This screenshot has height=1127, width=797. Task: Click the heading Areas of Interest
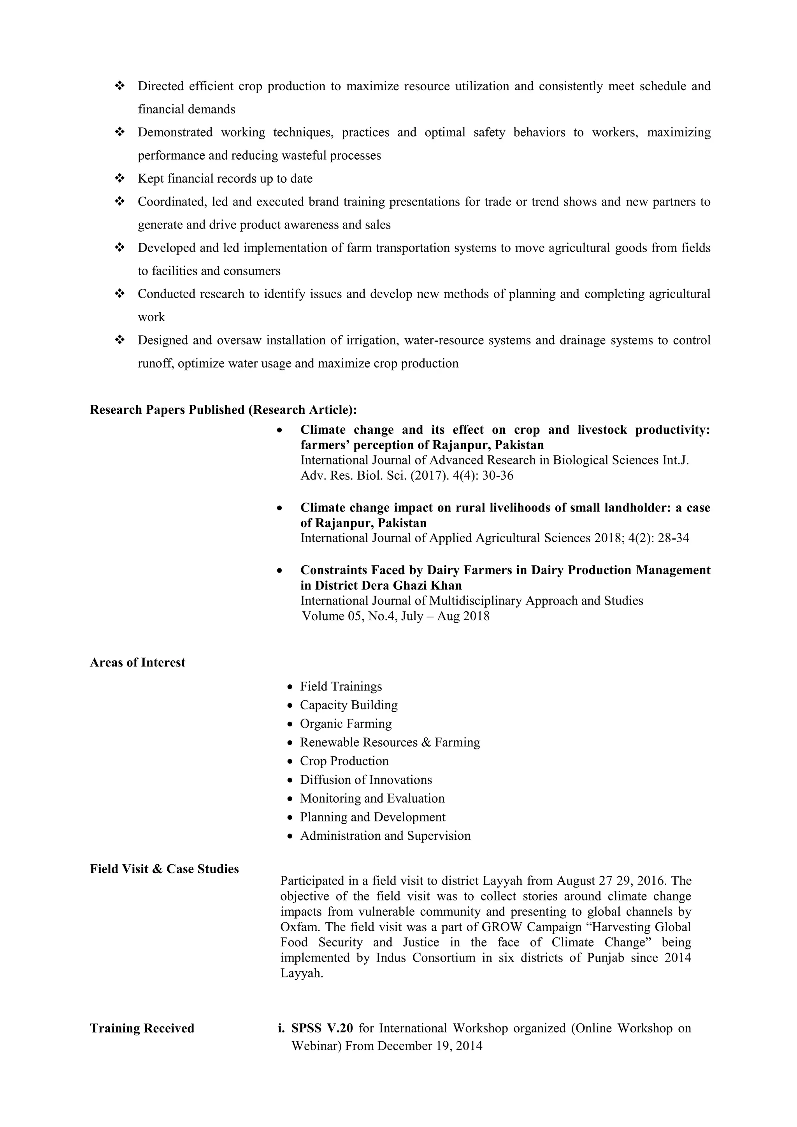click(137, 663)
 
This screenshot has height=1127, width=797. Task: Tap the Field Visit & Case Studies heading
click(164, 869)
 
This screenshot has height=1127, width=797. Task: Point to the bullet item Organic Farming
click(346, 724)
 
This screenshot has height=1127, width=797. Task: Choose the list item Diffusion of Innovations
click(366, 780)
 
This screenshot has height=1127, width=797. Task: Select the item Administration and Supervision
click(385, 836)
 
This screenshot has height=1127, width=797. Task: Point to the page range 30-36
click(498, 476)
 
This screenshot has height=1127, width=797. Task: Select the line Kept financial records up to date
click(225, 179)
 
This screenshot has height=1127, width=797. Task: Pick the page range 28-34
click(673, 538)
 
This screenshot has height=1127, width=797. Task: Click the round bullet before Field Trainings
click(290, 687)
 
